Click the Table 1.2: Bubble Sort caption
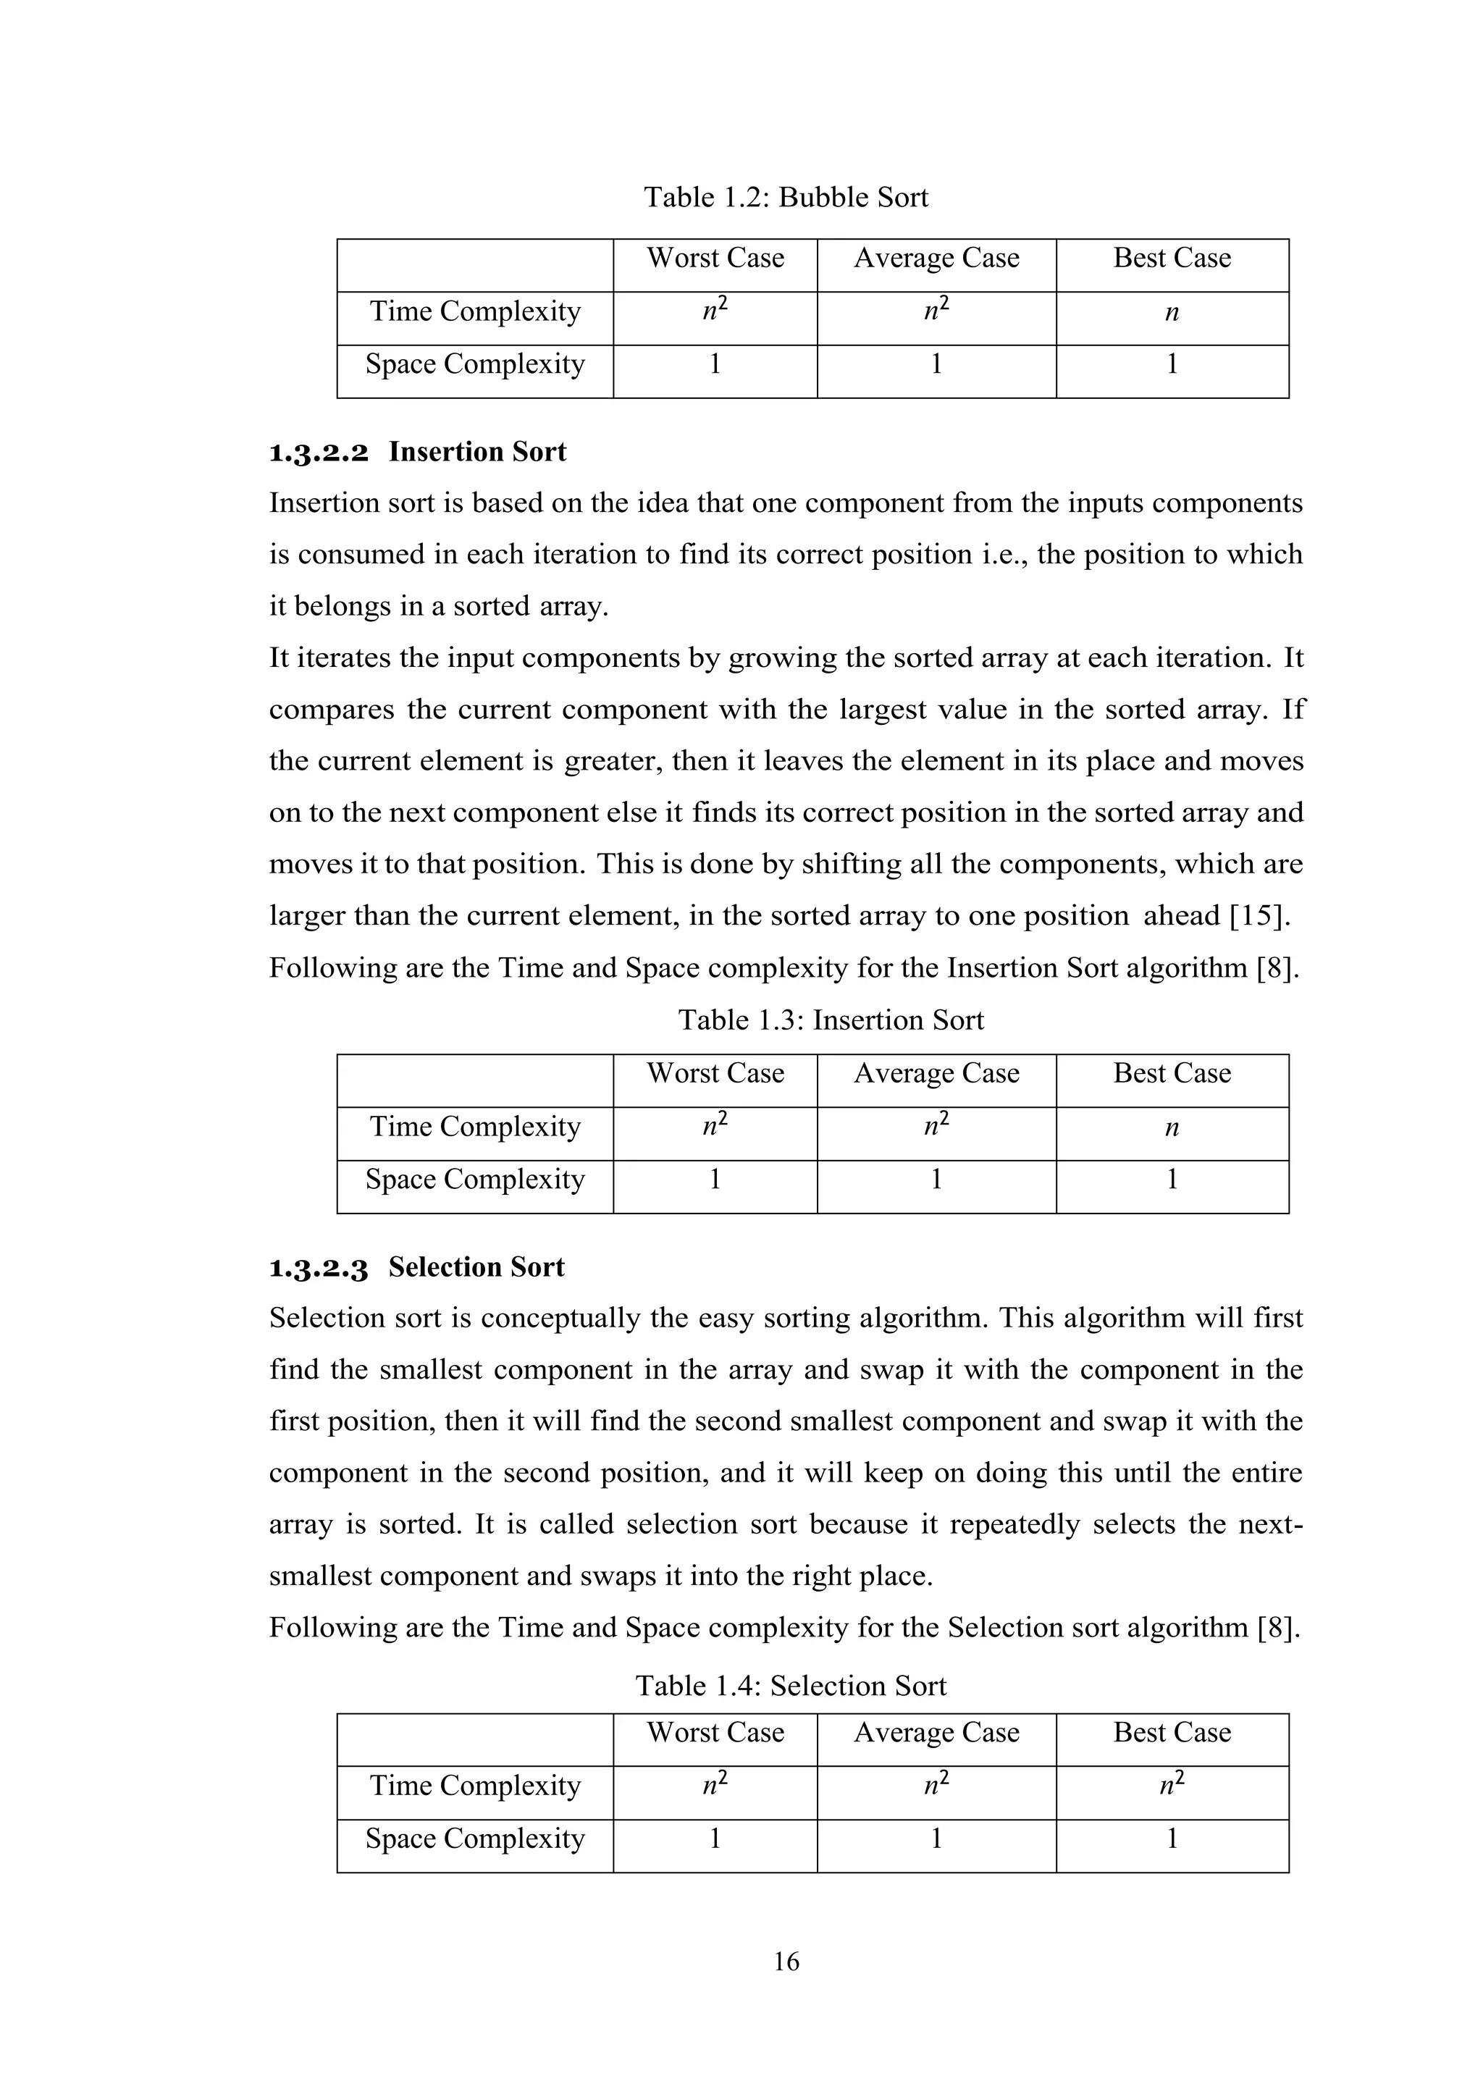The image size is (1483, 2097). pos(786,197)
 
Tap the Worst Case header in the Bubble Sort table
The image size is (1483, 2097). pos(715,259)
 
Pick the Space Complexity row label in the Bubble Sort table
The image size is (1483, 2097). pos(475,364)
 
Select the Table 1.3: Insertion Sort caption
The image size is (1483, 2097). pos(831,1020)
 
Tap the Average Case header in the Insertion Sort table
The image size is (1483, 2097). pos(936,1073)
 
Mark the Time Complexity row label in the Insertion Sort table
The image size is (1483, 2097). pos(475,1127)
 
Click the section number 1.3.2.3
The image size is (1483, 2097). pos(319,1269)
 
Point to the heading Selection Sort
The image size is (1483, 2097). pos(476,1268)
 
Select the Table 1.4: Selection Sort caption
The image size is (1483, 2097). pos(791,1686)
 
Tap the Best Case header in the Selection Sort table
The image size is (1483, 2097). pos(1172,1733)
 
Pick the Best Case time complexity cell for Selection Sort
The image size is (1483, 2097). pos(1172,1786)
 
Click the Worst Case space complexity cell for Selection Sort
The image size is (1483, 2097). pos(715,1838)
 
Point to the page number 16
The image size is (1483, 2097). pos(786,1962)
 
